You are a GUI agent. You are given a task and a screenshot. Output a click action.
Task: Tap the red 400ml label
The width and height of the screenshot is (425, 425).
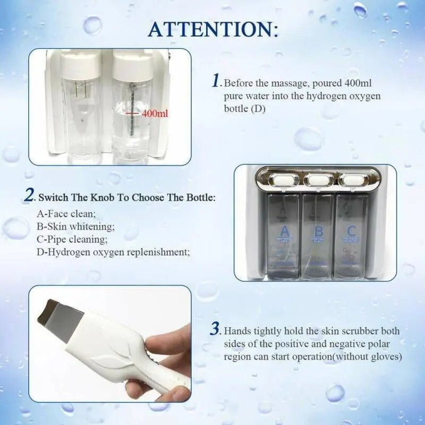(x=155, y=113)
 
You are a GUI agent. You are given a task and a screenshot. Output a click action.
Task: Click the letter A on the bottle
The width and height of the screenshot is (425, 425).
(x=284, y=232)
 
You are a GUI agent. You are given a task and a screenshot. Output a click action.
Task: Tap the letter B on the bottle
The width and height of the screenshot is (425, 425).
(x=318, y=232)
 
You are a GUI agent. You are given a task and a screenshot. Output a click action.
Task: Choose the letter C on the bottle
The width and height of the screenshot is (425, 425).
(x=351, y=232)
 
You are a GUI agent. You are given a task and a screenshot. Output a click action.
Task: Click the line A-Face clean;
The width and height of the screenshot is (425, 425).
(x=66, y=215)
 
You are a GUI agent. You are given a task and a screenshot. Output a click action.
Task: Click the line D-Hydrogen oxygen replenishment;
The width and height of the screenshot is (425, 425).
(x=113, y=252)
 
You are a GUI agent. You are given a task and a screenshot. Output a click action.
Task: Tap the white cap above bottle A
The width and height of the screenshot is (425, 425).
(x=283, y=180)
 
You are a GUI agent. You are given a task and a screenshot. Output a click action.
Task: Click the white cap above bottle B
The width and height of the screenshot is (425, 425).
(x=318, y=180)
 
